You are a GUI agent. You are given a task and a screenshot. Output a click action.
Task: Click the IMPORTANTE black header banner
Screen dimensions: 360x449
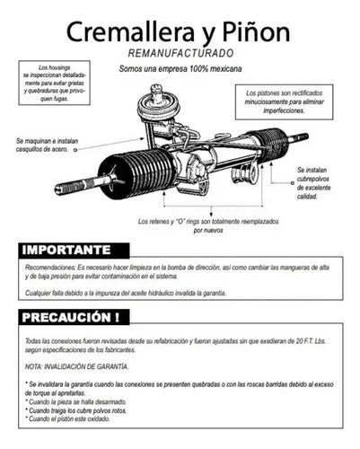point(74,249)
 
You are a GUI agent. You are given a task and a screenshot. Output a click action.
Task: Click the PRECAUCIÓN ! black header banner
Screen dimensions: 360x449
point(74,317)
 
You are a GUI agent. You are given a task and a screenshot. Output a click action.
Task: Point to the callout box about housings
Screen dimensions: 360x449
point(54,84)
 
